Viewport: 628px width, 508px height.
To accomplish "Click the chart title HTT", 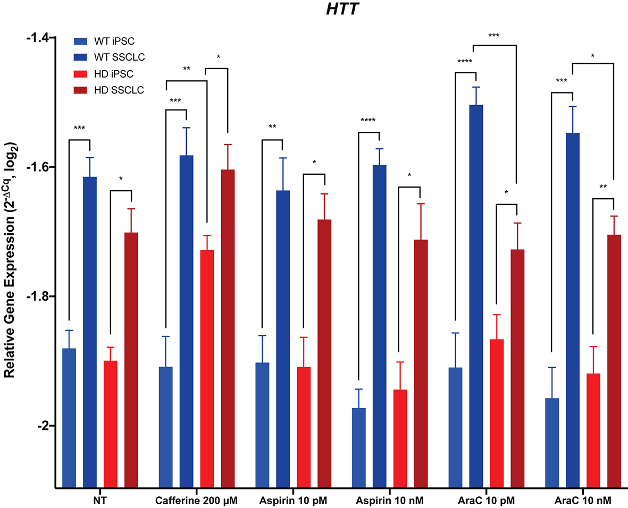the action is pyautogui.click(x=342, y=9).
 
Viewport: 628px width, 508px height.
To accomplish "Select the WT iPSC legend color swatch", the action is pyautogui.click(x=80, y=41).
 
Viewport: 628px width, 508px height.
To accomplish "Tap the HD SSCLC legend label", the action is pyautogui.click(x=119, y=90).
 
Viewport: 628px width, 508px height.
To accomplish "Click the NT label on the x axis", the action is pyautogui.click(x=100, y=501).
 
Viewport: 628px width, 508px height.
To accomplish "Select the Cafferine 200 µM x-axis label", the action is pyautogui.click(x=196, y=501).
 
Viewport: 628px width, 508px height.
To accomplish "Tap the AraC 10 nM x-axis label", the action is pyautogui.click(x=583, y=501).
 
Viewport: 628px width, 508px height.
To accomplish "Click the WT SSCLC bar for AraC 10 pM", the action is pyautogui.click(x=476, y=296).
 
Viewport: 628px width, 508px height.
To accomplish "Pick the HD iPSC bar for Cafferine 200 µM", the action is pyautogui.click(x=207, y=369).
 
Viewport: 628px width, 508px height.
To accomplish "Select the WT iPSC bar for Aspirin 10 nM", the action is pyautogui.click(x=359, y=448).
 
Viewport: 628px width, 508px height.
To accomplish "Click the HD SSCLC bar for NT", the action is pyautogui.click(x=131, y=360).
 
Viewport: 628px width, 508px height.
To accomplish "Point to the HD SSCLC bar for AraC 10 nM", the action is pyautogui.click(x=614, y=361).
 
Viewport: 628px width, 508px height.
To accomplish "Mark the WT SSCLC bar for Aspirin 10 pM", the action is pyautogui.click(x=283, y=339).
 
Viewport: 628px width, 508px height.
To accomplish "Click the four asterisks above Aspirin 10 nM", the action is pyautogui.click(x=368, y=120).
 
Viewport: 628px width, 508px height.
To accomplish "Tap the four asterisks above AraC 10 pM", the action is pyautogui.click(x=465, y=61).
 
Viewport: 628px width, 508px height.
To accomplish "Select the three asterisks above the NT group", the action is pyautogui.click(x=79, y=128).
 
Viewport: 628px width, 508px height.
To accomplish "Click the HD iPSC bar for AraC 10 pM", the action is pyautogui.click(x=497, y=413).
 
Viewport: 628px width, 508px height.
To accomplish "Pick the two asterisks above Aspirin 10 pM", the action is pyautogui.click(x=272, y=127).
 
